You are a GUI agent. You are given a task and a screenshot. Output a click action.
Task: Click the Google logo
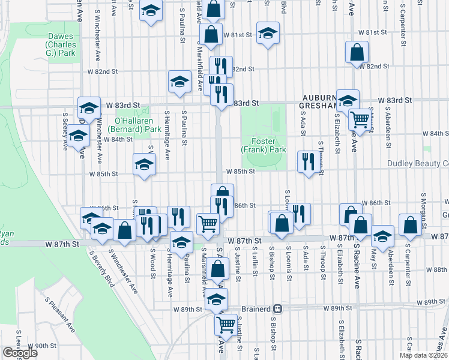[20, 353]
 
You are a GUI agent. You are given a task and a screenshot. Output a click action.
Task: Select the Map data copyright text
[423, 355]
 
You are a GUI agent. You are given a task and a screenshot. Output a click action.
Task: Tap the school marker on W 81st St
[267, 33]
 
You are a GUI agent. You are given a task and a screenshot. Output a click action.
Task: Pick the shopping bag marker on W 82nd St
[357, 53]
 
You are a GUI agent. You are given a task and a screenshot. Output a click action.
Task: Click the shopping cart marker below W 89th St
[226, 325]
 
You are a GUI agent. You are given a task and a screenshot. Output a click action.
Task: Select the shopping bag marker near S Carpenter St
[410, 225]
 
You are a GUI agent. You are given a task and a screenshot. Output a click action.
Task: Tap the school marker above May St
[382, 236]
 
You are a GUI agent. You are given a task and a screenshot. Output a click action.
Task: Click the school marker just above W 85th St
[144, 164]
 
